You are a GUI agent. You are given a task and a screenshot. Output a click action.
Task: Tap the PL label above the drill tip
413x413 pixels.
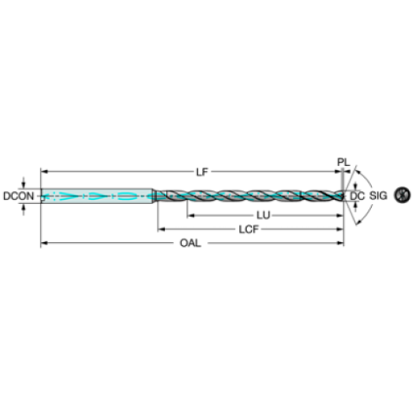coord(341,160)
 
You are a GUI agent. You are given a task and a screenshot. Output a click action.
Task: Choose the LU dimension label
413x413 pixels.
coord(262,216)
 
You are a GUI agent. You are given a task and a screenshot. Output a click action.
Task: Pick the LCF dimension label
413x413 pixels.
coord(248,228)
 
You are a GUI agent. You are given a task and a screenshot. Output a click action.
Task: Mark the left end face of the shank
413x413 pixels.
coord(42,196)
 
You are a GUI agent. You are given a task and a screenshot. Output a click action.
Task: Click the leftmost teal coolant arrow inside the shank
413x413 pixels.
coord(56,196)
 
